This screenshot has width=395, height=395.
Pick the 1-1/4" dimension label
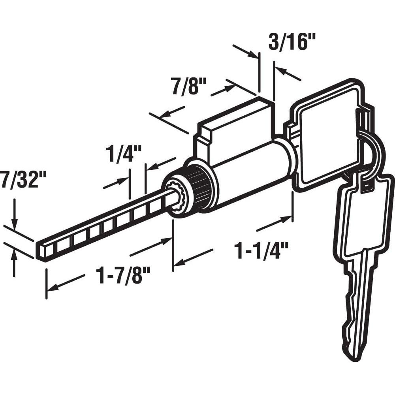click(261, 250)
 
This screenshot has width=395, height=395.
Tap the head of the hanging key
click(361, 217)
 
